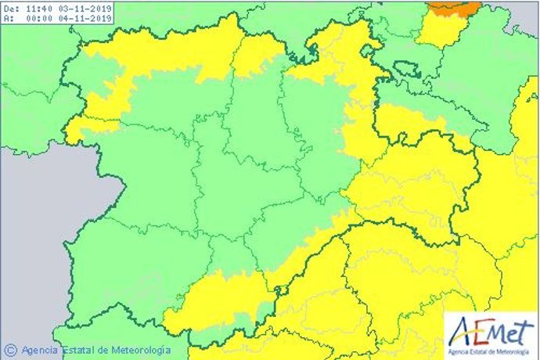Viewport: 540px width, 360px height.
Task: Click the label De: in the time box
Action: click(x=11, y=8)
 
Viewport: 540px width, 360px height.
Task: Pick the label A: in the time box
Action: click(x=9, y=18)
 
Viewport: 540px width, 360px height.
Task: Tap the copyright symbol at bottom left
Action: click(x=11, y=349)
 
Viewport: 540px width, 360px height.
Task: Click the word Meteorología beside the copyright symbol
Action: click(x=135, y=350)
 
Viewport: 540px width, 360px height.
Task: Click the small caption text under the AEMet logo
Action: click(x=491, y=348)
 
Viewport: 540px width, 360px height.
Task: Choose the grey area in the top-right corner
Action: click(x=524, y=16)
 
